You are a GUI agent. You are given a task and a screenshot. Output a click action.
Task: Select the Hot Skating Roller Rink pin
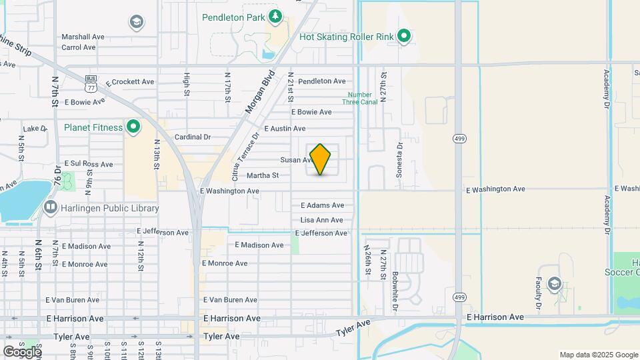[x=403, y=36]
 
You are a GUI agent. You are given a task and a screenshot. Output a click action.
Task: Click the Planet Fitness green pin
[x=133, y=126]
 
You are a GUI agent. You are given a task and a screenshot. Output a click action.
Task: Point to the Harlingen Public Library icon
[x=50, y=207]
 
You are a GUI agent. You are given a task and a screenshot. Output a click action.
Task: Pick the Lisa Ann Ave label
[x=322, y=220]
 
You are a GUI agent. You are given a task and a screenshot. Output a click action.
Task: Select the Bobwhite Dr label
[x=395, y=292]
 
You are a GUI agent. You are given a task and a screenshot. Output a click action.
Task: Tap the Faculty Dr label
[x=537, y=294]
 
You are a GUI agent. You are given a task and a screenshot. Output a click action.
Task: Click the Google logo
[x=22, y=352]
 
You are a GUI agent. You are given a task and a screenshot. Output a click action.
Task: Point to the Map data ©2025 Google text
[x=598, y=355]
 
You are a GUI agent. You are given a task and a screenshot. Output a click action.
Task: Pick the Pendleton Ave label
[x=322, y=81]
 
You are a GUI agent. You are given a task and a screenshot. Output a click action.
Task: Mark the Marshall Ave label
[x=83, y=37]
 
